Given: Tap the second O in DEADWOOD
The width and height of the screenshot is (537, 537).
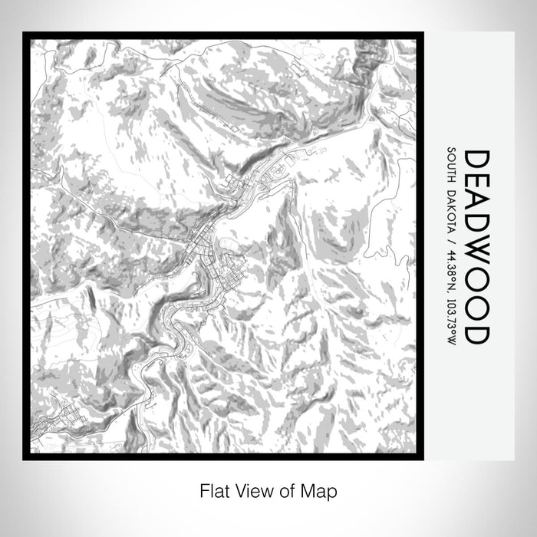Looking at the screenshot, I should (476, 307).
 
